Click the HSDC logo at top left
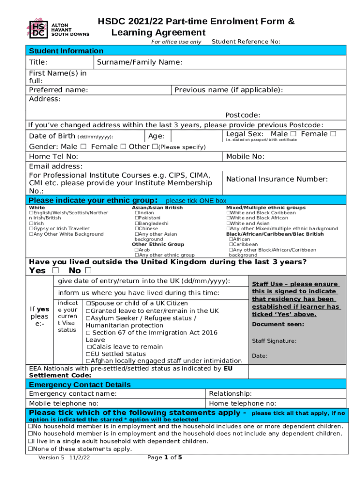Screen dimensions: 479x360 point(39,28)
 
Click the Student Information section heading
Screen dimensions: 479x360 point(66,51)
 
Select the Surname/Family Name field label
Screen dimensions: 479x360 point(139,63)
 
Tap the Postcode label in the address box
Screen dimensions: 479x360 point(243,116)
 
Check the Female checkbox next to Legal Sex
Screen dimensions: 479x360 point(333,134)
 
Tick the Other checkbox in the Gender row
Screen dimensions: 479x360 point(155,147)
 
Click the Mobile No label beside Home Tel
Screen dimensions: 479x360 point(245,157)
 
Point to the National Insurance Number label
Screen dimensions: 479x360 point(277,179)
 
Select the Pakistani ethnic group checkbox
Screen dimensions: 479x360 point(137,218)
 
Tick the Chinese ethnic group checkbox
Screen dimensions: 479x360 point(137,229)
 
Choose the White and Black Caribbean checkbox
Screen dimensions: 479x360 point(229,213)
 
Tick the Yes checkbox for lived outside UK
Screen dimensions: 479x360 point(56,271)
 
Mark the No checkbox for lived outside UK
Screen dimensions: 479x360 point(88,271)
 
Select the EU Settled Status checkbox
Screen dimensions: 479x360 point(88,354)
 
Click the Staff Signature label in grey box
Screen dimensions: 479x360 point(274,341)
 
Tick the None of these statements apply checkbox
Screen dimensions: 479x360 point(30,449)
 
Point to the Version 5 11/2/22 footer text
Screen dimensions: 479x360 point(64,471)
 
